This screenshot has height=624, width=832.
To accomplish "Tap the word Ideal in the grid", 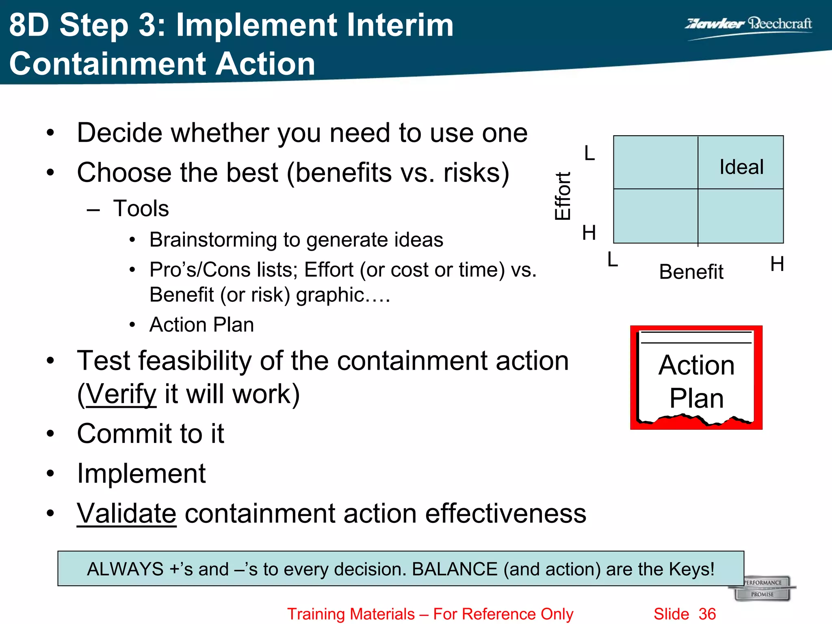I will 741,167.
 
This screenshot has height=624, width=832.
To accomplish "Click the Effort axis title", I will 563,196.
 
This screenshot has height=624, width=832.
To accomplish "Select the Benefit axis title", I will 691,271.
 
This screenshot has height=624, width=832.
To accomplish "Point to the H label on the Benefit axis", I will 777,264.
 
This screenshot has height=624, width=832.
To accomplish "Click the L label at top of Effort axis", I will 589,154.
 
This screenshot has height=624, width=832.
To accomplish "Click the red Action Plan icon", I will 696,377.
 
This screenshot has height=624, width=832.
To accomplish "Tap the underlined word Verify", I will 121,394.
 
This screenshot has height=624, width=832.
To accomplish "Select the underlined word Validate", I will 126,513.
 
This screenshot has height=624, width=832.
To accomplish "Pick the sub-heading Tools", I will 141,208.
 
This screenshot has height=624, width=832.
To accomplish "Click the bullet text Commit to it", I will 150,433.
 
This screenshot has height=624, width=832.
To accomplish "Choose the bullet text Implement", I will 141,473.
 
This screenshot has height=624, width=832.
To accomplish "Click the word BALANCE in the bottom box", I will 455,569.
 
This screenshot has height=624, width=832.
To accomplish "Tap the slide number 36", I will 707,614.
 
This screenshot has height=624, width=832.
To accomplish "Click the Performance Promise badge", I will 763,588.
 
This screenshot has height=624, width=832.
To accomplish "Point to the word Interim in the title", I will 395,25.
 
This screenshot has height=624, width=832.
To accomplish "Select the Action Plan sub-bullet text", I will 201,325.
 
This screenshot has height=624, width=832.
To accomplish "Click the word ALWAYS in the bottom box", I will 125,569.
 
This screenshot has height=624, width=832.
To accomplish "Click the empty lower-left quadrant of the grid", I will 655,216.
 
